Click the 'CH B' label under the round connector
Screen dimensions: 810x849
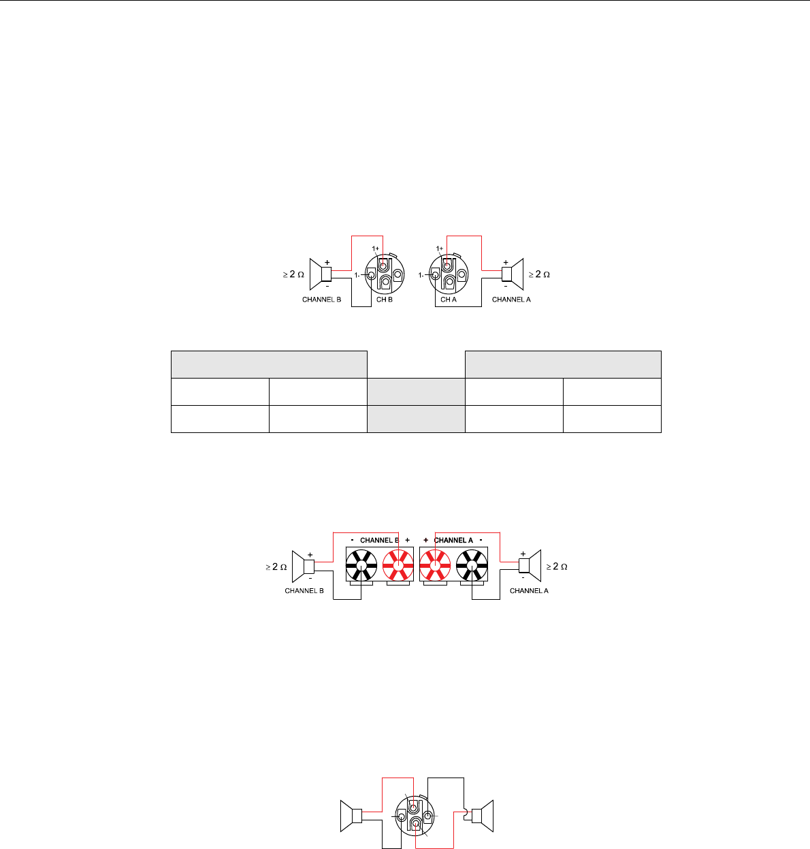coord(385,300)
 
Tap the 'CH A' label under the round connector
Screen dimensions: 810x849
coord(448,300)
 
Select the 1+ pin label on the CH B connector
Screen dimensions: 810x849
coord(376,249)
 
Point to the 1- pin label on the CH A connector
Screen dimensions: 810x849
coord(421,275)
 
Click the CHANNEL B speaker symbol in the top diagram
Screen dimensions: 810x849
coord(321,274)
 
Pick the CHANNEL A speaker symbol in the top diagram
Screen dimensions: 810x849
coord(513,274)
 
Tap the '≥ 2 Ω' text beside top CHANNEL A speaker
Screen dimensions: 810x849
coord(539,274)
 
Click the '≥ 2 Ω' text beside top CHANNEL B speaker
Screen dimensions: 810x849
coord(293,274)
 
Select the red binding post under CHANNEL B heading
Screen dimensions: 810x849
coord(398,565)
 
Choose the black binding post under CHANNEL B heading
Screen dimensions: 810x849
coord(361,565)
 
